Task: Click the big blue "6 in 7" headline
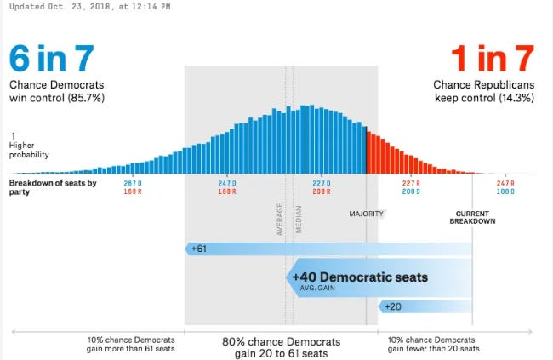point(52,58)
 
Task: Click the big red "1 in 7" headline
point(493,58)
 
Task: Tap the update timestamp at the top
point(90,6)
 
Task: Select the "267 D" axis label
point(133,183)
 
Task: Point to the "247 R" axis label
point(505,183)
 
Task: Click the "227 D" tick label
point(322,183)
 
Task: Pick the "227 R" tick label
point(411,183)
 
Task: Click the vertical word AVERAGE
point(280,220)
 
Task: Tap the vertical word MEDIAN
point(299,220)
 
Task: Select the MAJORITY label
point(366,214)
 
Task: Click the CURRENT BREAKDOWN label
point(472,217)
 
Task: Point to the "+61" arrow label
point(198,249)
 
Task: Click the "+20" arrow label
point(393,306)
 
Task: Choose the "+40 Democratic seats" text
point(360,277)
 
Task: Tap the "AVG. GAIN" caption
point(317,288)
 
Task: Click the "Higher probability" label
point(29,150)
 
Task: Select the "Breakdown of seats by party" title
point(53,187)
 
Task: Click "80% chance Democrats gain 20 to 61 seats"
point(281,347)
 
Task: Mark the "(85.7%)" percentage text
point(86,97)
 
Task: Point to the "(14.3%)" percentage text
point(516,97)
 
